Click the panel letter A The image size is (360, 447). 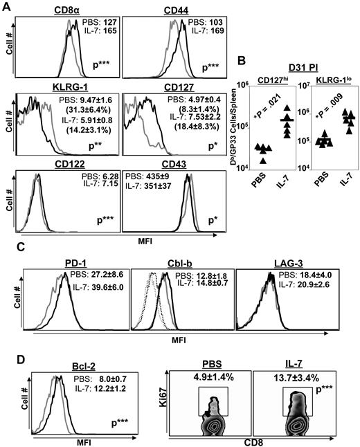click(6, 6)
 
